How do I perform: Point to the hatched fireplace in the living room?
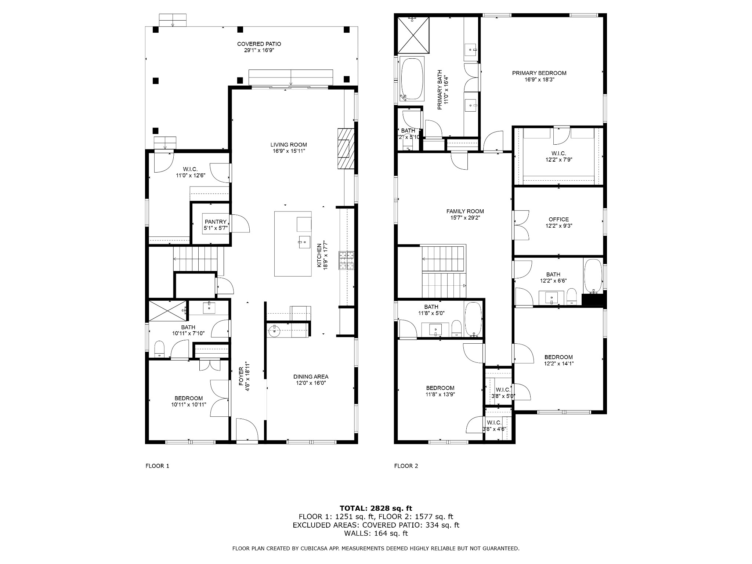[x=346, y=148]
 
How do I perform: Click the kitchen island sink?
[x=304, y=241]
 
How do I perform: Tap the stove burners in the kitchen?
[x=346, y=260]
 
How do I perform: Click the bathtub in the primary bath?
[x=412, y=79]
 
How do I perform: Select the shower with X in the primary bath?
[x=413, y=35]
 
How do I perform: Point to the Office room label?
[x=559, y=220]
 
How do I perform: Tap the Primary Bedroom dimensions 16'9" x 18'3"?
[x=539, y=79]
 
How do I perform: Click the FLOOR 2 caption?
[x=406, y=466]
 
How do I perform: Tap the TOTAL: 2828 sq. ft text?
[x=376, y=508]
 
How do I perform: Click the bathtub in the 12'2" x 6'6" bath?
[x=593, y=276]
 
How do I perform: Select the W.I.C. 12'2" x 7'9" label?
[x=559, y=156]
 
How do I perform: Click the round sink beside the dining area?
[x=274, y=331]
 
